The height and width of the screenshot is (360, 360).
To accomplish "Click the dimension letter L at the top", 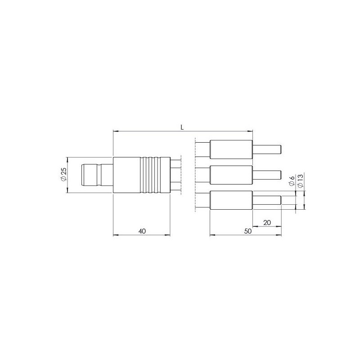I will pyautogui.click(x=182, y=127).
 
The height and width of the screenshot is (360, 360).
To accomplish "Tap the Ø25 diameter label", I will pyautogui.click(x=63, y=175).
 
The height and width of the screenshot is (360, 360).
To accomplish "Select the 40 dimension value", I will pyautogui.click(x=142, y=231).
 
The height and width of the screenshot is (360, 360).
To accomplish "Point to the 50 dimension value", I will pyautogui.click(x=247, y=231).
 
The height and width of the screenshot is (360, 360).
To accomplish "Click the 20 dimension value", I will pyautogui.click(x=266, y=222).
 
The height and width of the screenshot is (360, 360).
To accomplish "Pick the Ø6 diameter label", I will pyautogui.click(x=292, y=181).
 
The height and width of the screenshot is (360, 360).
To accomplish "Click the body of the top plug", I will pyautogui.click(x=231, y=149).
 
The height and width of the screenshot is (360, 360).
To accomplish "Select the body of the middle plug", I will pyautogui.click(x=231, y=175).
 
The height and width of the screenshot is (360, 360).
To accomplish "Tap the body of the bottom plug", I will pyautogui.click(x=231, y=200).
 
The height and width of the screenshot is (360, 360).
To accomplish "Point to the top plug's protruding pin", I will pyautogui.click(x=267, y=149).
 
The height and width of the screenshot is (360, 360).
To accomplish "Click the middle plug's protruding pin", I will pyautogui.click(x=267, y=175).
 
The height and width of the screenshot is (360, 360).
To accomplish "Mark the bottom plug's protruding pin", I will pyautogui.click(x=267, y=200).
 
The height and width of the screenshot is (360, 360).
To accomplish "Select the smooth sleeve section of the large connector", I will pyautogui.click(x=126, y=175).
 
